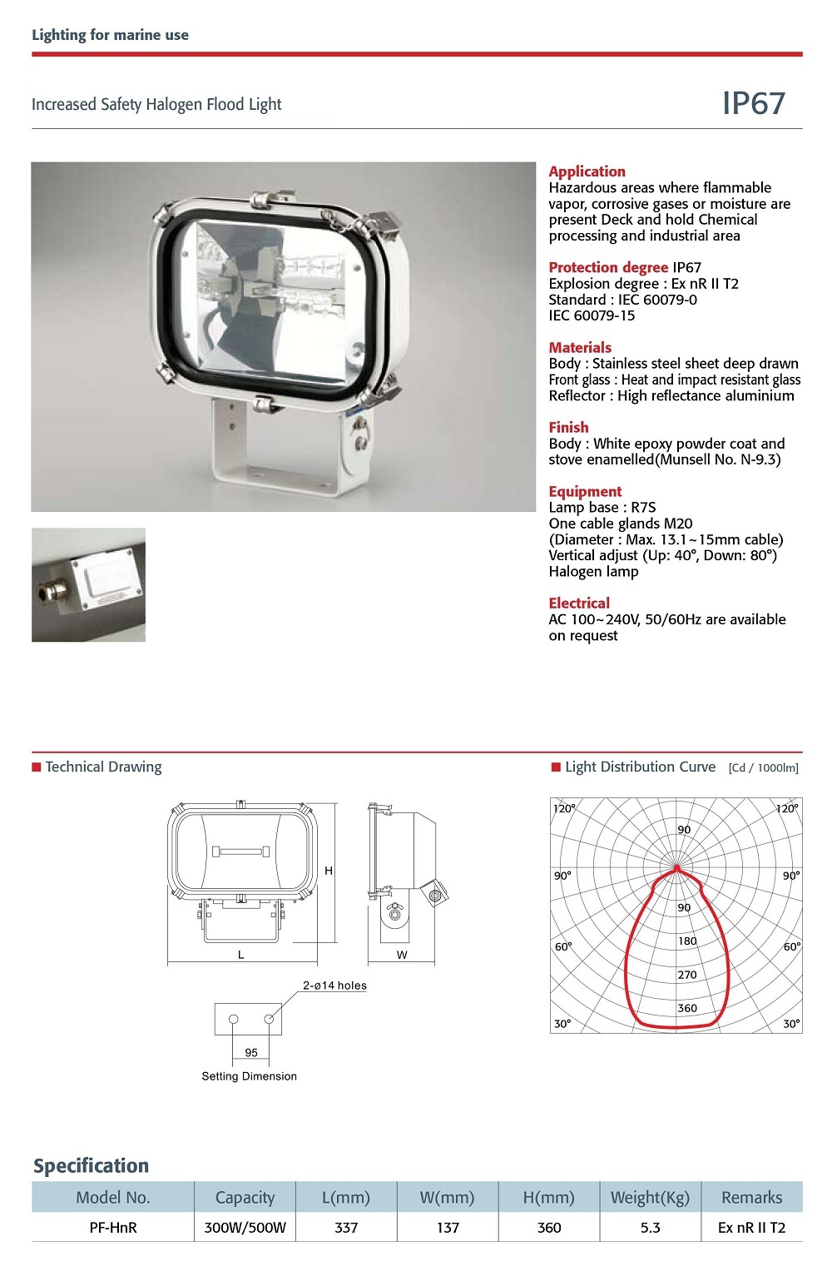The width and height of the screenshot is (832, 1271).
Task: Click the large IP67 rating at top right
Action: point(753,103)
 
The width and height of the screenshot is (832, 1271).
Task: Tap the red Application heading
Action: point(587,171)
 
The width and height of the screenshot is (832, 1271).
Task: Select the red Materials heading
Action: point(580,347)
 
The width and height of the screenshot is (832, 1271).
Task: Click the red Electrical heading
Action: point(579,603)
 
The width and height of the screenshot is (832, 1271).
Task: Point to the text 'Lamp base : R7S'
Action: point(602,508)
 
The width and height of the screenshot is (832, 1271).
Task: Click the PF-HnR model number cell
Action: point(113,1227)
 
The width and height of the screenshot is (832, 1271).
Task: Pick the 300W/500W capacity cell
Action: point(245,1227)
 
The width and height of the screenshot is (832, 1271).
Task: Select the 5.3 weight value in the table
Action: point(651,1227)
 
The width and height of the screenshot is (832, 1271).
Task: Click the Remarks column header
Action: point(751,1197)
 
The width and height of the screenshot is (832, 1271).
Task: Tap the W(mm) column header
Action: point(447,1197)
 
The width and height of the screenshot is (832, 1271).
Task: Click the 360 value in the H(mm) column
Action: point(549,1227)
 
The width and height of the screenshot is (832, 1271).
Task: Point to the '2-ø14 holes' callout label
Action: point(334,986)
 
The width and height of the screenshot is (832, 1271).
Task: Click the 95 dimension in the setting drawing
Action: point(251,1053)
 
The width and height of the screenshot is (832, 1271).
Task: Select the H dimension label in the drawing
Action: point(329,871)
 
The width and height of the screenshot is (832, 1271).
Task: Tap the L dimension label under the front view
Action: point(241,955)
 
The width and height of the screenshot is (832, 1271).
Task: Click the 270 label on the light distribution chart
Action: point(687,975)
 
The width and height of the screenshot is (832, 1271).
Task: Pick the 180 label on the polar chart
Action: point(687,941)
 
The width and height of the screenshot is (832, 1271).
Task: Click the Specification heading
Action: point(91,1165)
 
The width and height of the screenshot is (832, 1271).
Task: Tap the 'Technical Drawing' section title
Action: point(103,767)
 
